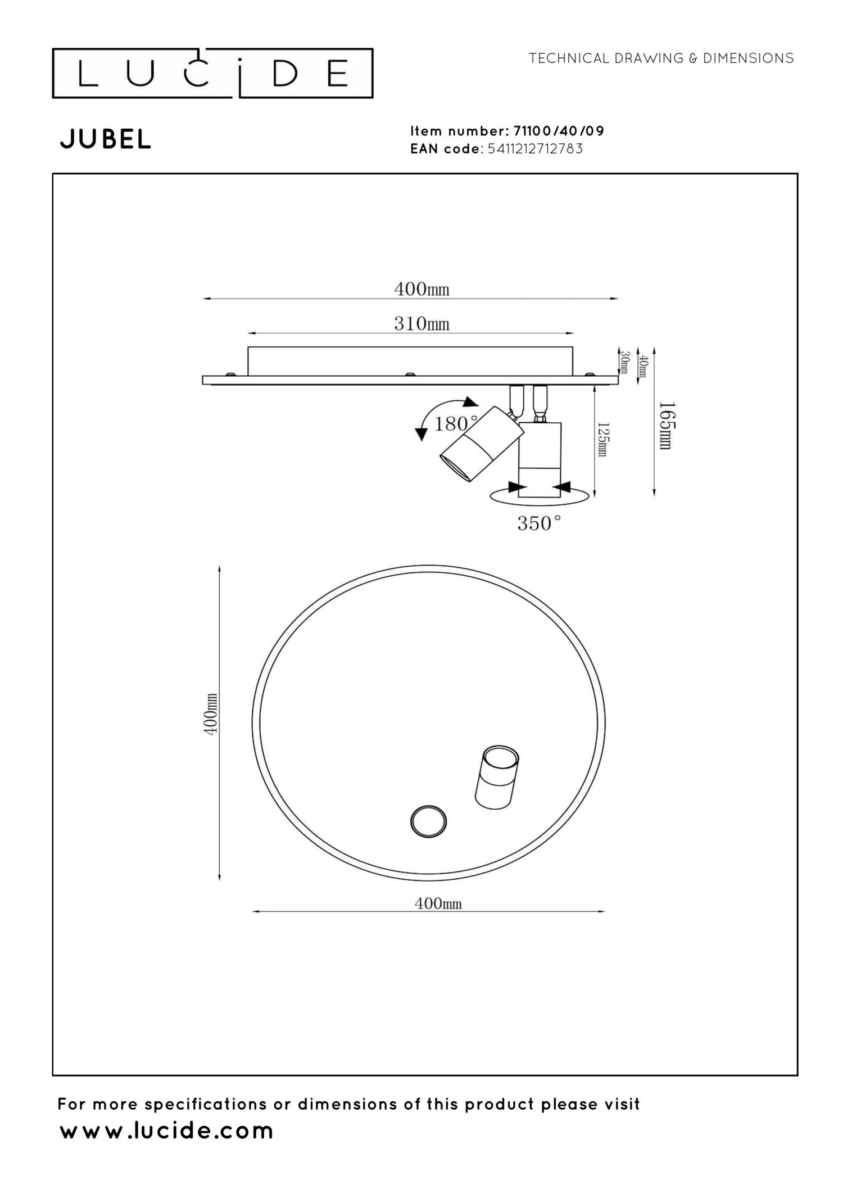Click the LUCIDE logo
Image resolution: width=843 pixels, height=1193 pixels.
point(212,73)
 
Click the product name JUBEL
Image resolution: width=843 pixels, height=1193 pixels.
point(106,139)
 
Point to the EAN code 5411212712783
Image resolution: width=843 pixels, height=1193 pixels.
point(535,149)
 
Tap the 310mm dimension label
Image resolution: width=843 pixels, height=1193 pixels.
point(422,324)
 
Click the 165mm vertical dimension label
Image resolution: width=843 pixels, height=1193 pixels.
point(665,425)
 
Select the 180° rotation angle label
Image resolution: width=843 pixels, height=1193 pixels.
point(455,423)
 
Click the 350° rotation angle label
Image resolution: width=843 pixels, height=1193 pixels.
point(539,523)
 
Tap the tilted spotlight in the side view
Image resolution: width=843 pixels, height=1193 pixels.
point(481,444)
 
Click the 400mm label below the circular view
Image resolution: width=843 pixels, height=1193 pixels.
point(438,903)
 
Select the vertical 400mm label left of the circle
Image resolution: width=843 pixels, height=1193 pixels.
point(210,714)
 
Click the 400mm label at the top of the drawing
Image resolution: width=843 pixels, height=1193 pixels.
point(422,290)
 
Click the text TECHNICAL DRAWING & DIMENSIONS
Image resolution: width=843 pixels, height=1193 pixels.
point(661,58)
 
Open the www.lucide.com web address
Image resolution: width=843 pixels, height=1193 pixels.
point(166,1131)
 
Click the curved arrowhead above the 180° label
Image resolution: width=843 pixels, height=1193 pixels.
point(470,401)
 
